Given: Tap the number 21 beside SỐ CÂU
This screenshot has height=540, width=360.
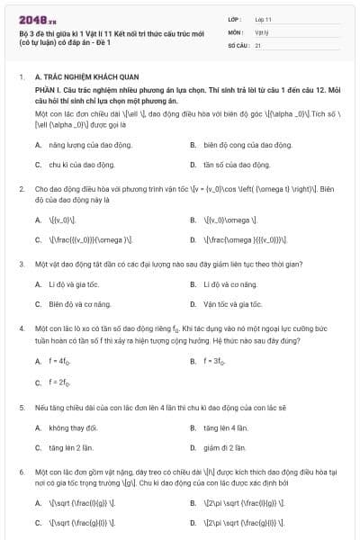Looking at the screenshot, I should pos(258,44).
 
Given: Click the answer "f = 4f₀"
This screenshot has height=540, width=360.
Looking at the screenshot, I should pos(61,361).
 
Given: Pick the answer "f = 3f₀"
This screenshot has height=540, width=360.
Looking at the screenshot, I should pos(212,361).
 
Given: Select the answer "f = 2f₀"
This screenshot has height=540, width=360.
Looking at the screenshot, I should pos(61,382).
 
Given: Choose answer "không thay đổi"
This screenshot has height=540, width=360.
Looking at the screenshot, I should pos(73,427).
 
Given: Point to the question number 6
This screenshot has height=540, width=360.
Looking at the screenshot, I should pos(21,471).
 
